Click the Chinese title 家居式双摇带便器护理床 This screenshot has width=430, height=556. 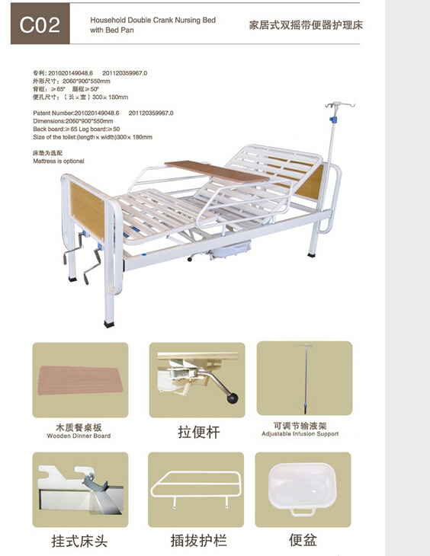point(306,24)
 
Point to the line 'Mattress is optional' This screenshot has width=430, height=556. point(59,161)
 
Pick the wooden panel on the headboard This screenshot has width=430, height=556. point(313,182)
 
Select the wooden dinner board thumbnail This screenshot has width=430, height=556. point(80,379)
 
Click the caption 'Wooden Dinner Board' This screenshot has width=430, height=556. point(80,436)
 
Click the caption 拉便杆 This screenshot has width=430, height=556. point(199,432)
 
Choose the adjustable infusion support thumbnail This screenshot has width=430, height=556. point(304,378)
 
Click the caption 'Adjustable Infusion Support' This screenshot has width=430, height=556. point(300,434)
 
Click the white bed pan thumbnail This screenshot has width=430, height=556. point(302,489)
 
